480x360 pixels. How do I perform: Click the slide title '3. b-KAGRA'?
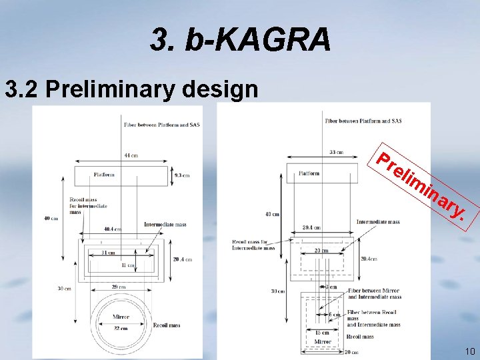[x=241, y=39]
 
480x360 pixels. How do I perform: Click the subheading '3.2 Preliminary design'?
[x=131, y=89]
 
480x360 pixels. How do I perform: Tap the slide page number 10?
[x=469, y=351]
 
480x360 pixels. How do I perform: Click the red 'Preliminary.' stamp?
[x=419, y=187]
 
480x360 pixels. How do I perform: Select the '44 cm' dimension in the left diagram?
[x=131, y=155]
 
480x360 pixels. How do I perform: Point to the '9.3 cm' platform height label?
[x=181, y=175]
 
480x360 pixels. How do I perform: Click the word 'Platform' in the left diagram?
[x=103, y=175]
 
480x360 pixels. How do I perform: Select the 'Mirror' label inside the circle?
[x=121, y=317]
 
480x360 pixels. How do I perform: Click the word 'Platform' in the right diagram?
[x=309, y=173]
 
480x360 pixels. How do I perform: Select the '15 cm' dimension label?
[x=322, y=332]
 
